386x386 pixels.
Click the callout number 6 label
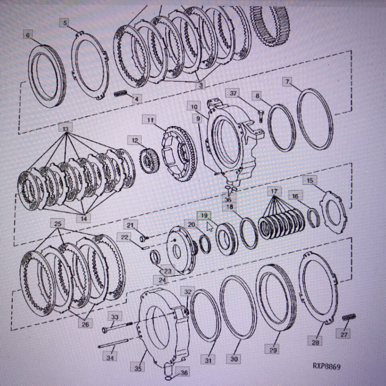tap(28, 35)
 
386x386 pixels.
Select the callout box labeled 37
tap(234, 94)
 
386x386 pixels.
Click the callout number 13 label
tap(66, 128)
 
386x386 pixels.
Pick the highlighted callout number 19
tap(204, 216)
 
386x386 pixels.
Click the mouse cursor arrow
tap(209, 227)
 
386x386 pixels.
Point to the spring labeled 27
tap(349, 318)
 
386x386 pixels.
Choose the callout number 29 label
tap(273, 350)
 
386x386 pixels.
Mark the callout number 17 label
tap(274, 191)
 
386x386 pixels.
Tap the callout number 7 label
tap(287, 82)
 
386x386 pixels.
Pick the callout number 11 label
tap(150, 120)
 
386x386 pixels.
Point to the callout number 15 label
tap(310, 181)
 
